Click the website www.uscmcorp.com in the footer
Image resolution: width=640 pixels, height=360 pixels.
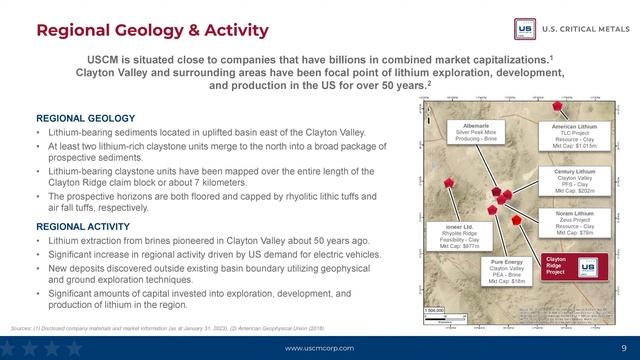[319, 347]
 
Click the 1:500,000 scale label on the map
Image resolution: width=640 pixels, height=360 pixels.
[433, 310]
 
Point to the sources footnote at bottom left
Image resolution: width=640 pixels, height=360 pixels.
[160, 327]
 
